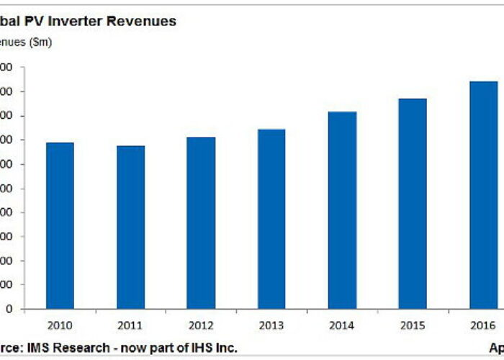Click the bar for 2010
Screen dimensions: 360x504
pos(60,225)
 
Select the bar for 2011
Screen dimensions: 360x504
pos(130,227)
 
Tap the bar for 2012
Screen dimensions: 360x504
pos(201,222)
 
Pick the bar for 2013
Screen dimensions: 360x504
pos(271,219)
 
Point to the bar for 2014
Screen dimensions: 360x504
pos(342,210)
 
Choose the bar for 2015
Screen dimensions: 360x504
pos(413,204)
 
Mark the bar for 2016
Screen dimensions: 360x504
pos(483,194)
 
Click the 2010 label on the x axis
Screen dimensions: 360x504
pos(60,325)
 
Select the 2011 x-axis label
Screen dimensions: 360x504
pos(130,325)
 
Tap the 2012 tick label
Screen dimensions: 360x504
pos(201,325)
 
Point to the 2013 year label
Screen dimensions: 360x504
pos(271,325)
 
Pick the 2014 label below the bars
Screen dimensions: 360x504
pos(342,325)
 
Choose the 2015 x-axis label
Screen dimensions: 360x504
pos(413,325)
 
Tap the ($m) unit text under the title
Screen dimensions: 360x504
pos(40,42)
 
